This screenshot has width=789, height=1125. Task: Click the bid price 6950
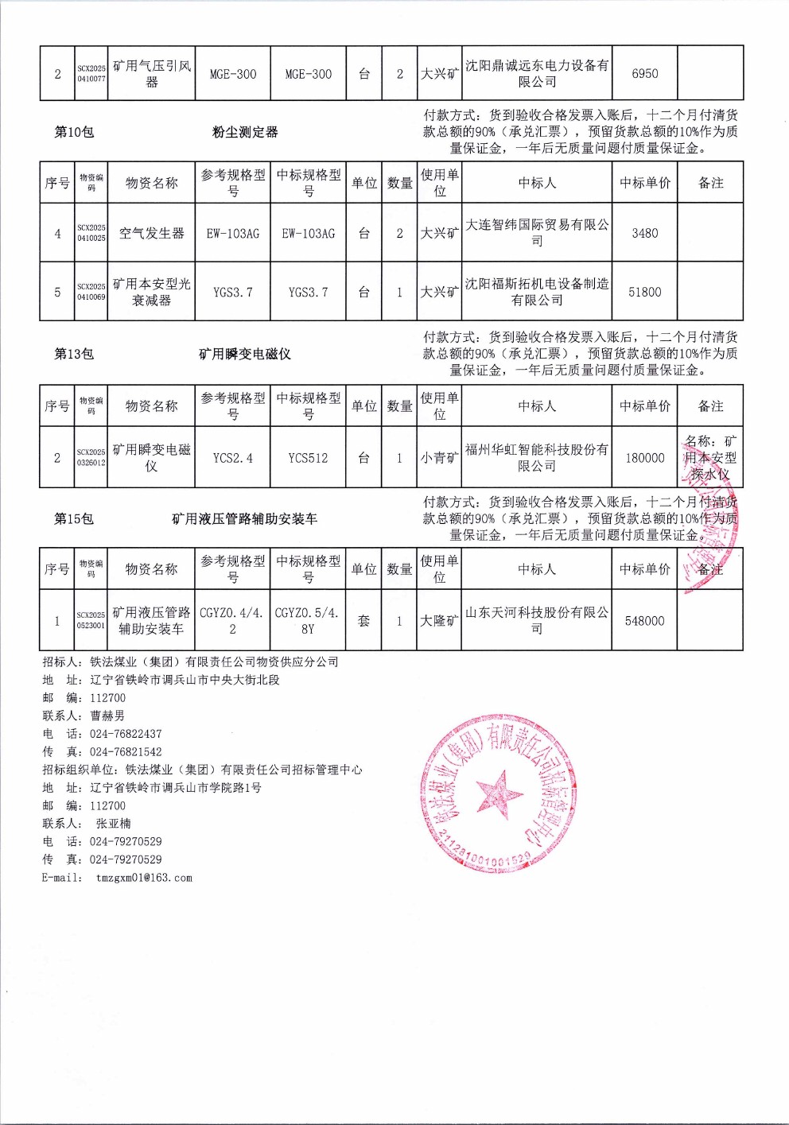[644, 74]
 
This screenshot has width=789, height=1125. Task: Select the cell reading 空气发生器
[151, 234]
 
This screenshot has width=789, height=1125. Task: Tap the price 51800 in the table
[644, 293]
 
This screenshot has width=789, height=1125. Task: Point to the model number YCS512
[308, 458]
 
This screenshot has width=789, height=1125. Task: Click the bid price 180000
[644, 458]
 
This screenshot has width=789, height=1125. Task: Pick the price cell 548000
[644, 621]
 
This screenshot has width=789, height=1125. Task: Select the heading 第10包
[74, 132]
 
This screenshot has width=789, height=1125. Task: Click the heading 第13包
[74, 354]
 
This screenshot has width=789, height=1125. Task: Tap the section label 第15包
[74, 519]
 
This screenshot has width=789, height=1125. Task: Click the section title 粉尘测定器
[245, 132]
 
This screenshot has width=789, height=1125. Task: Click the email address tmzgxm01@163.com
[144, 878]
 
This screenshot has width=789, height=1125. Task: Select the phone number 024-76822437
[126, 734]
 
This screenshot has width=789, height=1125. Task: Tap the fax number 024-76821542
[126, 752]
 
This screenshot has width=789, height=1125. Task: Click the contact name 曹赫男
[107, 716]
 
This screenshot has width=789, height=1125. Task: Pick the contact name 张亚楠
[114, 824]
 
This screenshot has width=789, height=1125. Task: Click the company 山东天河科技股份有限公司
[537, 620]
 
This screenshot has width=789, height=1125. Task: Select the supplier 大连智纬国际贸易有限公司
[537, 233]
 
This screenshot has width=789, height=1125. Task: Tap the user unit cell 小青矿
[439, 458]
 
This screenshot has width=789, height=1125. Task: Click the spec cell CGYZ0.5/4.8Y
[308, 620]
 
